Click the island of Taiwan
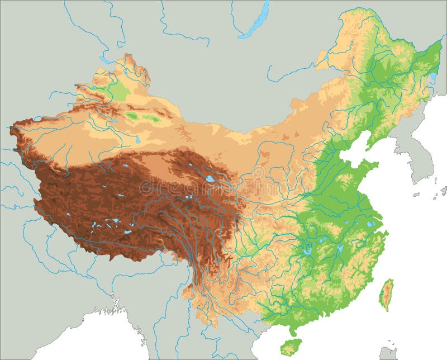(x=386, y=294)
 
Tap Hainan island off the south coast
(x=291, y=347)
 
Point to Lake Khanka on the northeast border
(x=433, y=77)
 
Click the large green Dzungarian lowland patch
(x=117, y=89)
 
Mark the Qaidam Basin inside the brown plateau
(x=162, y=168)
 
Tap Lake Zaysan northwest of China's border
(x=105, y=59)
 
